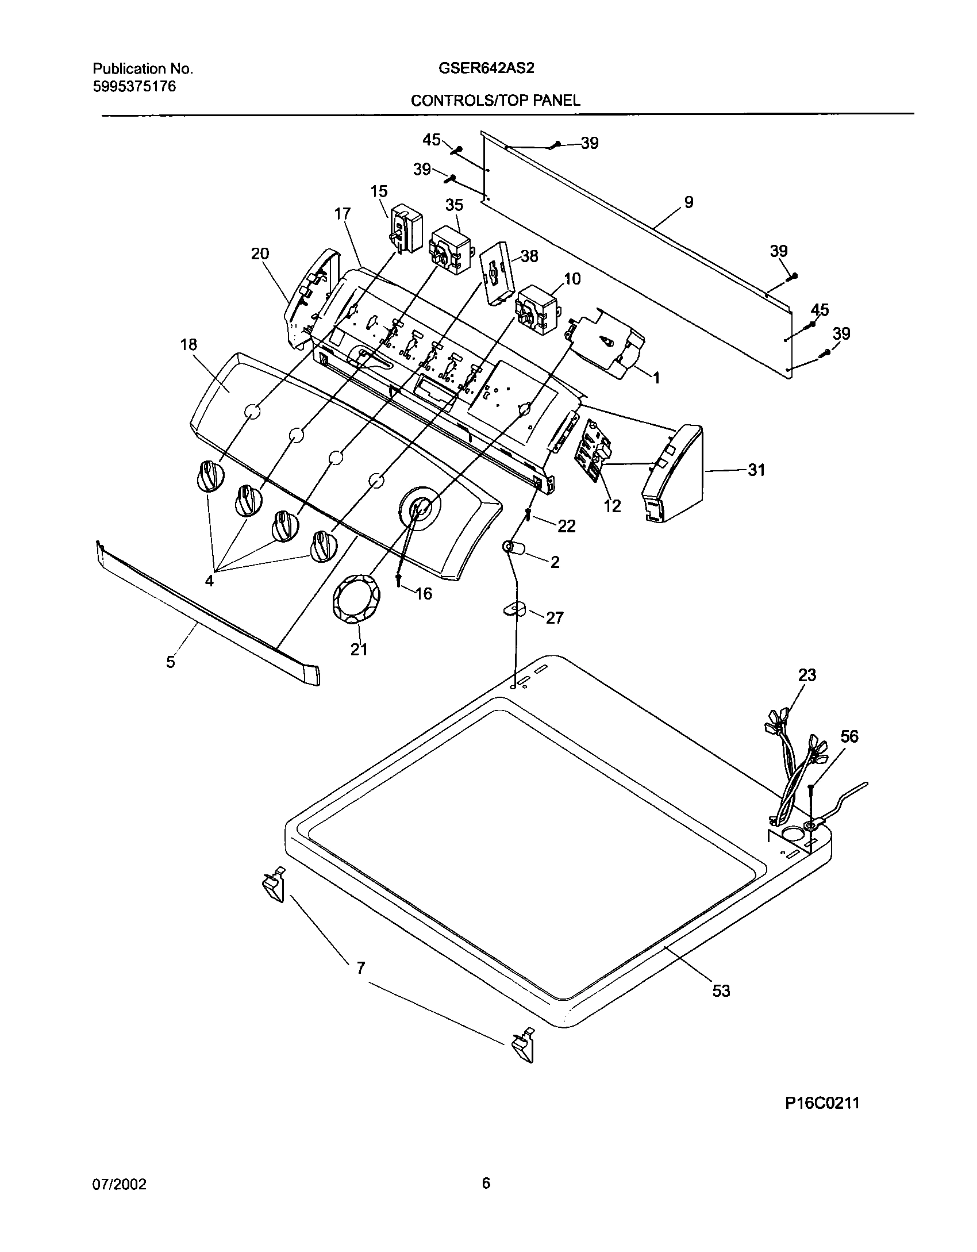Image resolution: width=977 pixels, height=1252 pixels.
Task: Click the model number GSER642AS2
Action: click(486, 69)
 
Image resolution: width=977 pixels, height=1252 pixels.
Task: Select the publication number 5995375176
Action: click(134, 87)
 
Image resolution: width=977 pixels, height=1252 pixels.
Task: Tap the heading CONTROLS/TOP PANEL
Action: click(495, 101)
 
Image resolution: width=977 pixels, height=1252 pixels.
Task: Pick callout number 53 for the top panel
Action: click(721, 990)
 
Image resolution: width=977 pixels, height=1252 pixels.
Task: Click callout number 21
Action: click(359, 650)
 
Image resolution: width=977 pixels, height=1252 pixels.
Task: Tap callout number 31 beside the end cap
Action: click(756, 470)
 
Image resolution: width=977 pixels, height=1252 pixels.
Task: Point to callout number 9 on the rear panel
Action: click(688, 202)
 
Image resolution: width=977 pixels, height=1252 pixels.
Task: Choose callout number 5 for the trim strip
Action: click(171, 662)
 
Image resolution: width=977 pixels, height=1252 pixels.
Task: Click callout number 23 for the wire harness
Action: click(807, 675)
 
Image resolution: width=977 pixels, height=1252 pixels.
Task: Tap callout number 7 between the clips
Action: click(360, 969)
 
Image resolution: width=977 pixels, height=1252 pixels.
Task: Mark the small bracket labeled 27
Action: click(515, 609)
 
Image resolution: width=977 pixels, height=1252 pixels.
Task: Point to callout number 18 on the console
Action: click(189, 345)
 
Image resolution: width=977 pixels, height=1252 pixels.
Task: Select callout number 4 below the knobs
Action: click(209, 581)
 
